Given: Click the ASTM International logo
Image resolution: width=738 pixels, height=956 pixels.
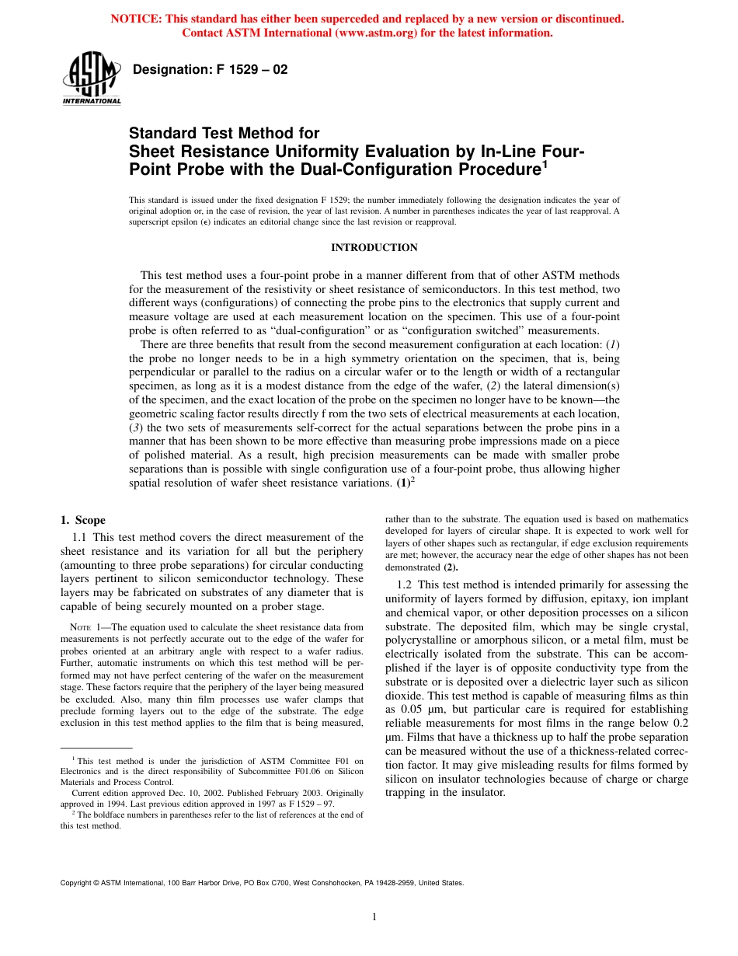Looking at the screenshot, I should point(91,79).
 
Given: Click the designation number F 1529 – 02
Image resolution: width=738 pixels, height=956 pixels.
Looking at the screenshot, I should point(211,70).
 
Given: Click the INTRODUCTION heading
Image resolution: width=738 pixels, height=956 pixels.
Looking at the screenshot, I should point(374,248).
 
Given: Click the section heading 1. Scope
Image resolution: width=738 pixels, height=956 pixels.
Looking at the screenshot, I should point(83,521).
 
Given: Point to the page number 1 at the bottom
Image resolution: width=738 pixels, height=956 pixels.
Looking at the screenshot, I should point(374,917).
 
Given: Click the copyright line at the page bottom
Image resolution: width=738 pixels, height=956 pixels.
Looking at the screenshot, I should point(262,883).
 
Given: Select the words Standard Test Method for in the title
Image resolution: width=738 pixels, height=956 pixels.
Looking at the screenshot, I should point(225,134).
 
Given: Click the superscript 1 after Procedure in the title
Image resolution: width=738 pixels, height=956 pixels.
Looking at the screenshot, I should point(545,164).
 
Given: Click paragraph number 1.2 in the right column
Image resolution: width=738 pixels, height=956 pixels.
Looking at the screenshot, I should point(406,584).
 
